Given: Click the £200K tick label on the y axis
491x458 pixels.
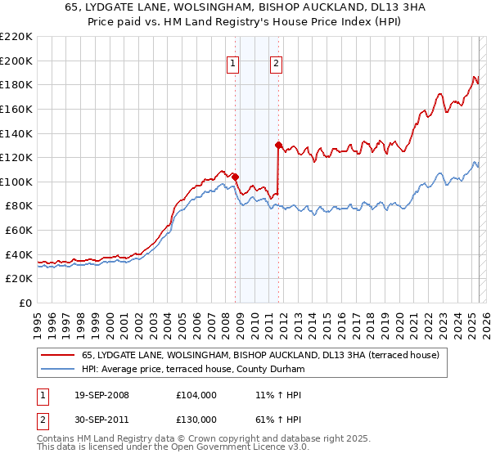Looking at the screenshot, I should click(16, 61).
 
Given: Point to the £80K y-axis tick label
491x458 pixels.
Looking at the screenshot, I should click(19, 206).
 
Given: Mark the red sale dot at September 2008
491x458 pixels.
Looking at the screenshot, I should click(235, 176).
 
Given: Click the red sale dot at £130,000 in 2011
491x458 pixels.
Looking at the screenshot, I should click(278, 145).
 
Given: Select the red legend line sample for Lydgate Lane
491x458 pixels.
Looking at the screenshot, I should click(57, 355).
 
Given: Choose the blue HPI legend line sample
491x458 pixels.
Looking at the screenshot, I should click(57, 369).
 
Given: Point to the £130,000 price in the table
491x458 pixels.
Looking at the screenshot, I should click(196, 419).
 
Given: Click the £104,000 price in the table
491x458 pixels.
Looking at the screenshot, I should click(196, 395).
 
